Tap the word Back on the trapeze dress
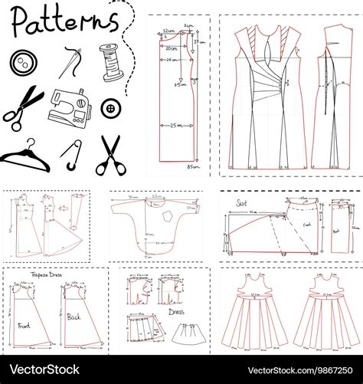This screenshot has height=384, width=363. point(74,317)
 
